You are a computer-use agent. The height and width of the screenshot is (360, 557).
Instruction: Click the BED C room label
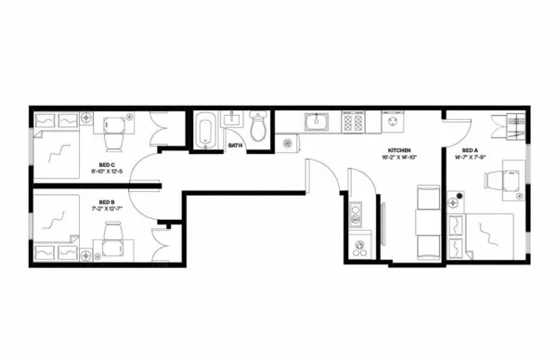[107, 165]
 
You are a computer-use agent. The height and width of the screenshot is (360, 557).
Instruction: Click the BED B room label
[107, 201]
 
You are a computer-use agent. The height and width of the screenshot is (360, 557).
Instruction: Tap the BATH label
[235, 145]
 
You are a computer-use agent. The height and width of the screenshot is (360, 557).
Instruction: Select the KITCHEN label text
[400, 150]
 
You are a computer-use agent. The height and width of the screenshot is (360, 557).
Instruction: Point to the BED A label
[469, 150]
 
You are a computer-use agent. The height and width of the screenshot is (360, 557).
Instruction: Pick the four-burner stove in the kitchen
[353, 122]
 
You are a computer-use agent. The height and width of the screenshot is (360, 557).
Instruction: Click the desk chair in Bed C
[115, 138]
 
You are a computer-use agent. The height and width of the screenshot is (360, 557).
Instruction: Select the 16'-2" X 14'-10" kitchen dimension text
[400, 158]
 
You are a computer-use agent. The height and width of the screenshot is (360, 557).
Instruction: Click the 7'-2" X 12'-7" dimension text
[107, 209]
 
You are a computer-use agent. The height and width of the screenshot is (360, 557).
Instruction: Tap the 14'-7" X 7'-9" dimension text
[469, 158]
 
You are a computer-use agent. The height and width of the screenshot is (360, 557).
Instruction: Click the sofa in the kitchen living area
[428, 223]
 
